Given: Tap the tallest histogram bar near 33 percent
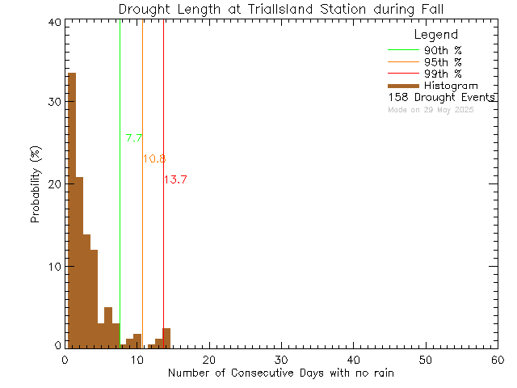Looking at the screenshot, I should coord(72,210).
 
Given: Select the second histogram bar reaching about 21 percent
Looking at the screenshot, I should coord(79,262).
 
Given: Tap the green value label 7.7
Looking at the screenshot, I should coord(134,138).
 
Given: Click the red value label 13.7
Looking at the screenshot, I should coord(175,179).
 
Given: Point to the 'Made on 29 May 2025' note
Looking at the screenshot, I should coord(431,109).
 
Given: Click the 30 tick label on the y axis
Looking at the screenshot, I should coord(53,103).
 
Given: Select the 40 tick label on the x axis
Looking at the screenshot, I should coord(353,361).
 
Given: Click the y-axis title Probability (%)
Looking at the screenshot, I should coord(36,185).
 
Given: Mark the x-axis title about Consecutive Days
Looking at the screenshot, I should coord(281,373).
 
